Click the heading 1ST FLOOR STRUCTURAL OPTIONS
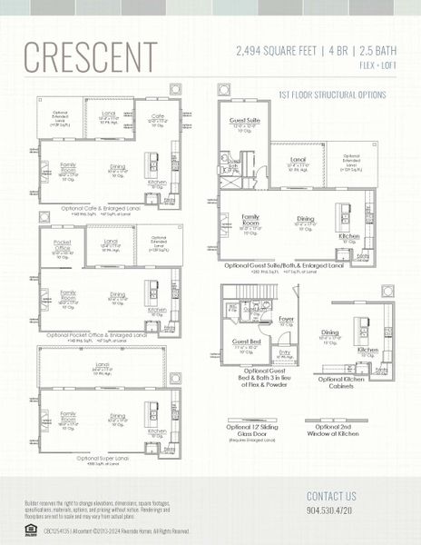pos(332,94)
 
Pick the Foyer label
pos(287,319)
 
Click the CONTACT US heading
pos(331,496)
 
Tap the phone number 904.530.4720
pos(331,512)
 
